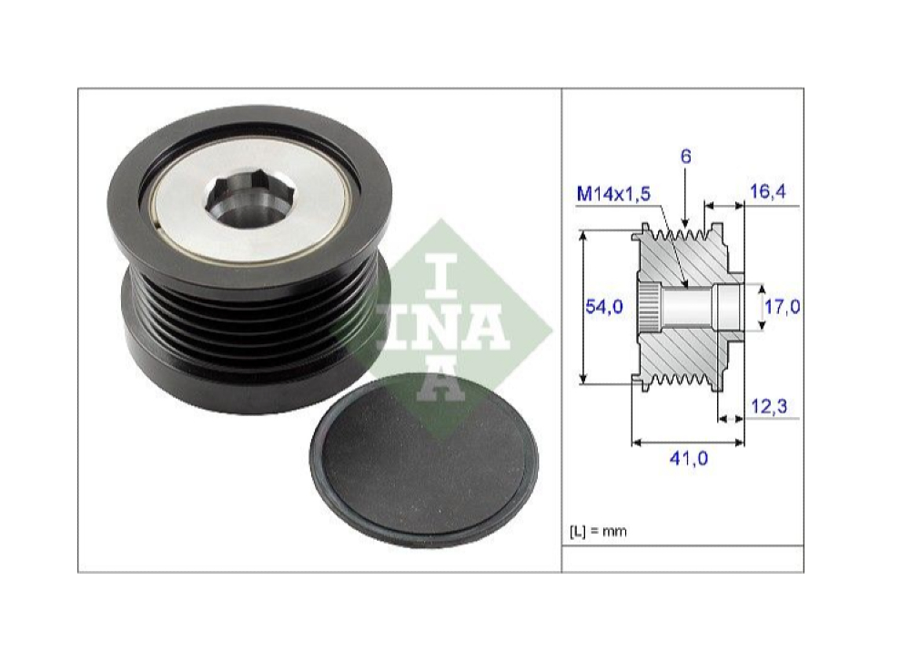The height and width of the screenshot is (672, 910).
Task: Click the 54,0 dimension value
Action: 603,308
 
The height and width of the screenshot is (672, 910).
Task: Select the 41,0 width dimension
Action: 688,458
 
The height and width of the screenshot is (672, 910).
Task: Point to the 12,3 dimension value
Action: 770,405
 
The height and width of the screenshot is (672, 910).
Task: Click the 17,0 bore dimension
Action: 781,308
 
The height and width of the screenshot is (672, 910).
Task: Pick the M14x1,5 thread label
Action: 615,193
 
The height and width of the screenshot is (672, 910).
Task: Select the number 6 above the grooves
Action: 685,157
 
